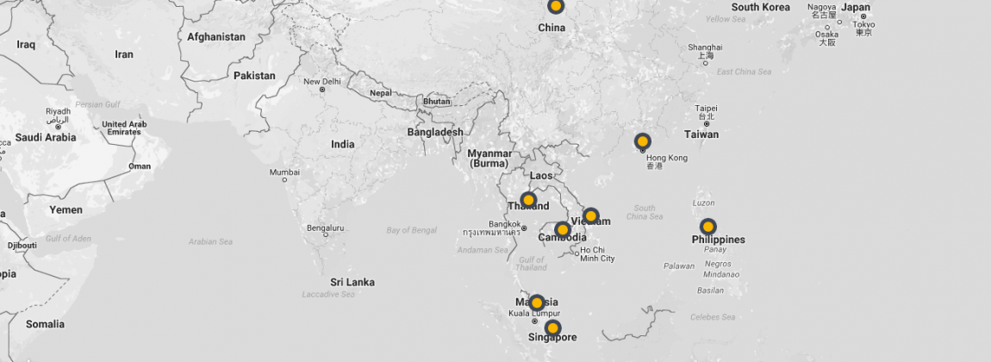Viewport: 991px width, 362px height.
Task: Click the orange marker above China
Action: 556,6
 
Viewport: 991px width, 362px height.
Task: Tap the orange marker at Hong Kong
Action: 642,141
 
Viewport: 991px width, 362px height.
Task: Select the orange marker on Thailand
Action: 528,200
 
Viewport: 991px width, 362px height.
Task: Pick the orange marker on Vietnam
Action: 590,215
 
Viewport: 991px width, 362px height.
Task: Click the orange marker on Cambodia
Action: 563,230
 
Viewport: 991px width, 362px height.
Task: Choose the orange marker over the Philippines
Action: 707,227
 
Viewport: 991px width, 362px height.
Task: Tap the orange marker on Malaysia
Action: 536,303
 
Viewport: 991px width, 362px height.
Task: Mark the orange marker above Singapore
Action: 552,328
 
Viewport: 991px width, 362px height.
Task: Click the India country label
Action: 342,144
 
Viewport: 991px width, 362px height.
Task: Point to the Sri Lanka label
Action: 352,282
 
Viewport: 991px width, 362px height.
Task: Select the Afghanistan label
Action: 216,37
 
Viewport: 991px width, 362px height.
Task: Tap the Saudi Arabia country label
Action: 46,137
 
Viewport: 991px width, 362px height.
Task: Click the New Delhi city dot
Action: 322,90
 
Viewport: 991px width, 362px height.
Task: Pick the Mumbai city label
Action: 284,172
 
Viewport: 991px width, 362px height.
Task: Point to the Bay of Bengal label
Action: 412,230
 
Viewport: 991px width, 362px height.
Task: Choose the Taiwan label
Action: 701,134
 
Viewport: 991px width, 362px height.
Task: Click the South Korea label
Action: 761,7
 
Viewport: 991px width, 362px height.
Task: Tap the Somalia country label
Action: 45,324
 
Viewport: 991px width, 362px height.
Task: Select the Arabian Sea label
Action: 210,241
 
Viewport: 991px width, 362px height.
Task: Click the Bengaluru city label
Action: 325,228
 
